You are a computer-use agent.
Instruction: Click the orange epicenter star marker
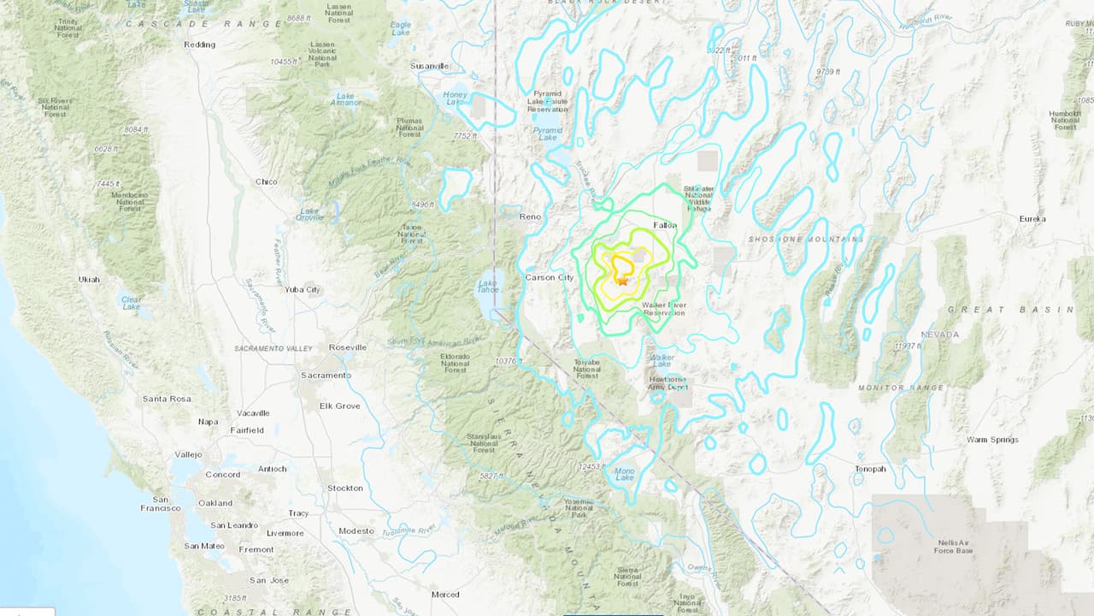(x=622, y=281)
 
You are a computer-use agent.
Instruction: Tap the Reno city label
(x=530, y=217)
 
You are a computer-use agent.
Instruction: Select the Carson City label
(x=549, y=277)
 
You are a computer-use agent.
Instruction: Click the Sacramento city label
(x=325, y=375)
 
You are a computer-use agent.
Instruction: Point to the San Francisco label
(x=160, y=503)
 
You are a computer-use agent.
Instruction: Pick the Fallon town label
(x=665, y=225)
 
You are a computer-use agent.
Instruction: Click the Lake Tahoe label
(x=488, y=288)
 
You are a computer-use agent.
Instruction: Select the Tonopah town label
(x=870, y=469)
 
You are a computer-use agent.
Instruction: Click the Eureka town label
(x=1032, y=219)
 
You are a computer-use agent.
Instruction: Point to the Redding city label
(x=199, y=44)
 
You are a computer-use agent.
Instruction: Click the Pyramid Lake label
(x=548, y=133)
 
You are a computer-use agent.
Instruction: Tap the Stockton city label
(x=345, y=488)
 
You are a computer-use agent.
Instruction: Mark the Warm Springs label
(x=992, y=440)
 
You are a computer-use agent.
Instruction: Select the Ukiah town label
(x=88, y=279)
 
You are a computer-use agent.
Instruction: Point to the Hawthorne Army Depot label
(x=668, y=382)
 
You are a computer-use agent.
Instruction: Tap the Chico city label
(x=267, y=181)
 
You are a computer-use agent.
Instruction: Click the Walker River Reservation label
(x=664, y=308)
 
